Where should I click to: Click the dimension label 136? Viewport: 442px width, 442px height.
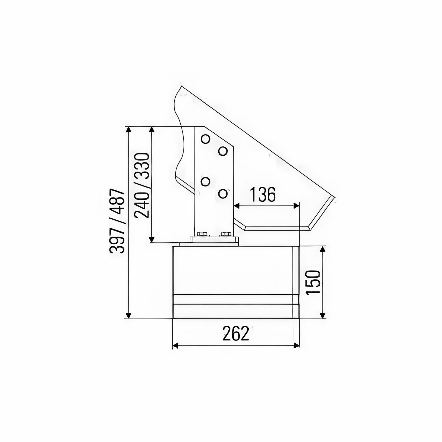click(262, 195)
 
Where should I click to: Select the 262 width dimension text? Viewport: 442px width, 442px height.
click(236, 334)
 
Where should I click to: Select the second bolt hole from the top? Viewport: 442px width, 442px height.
click(223, 151)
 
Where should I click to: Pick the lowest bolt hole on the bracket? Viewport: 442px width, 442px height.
click(223, 194)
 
